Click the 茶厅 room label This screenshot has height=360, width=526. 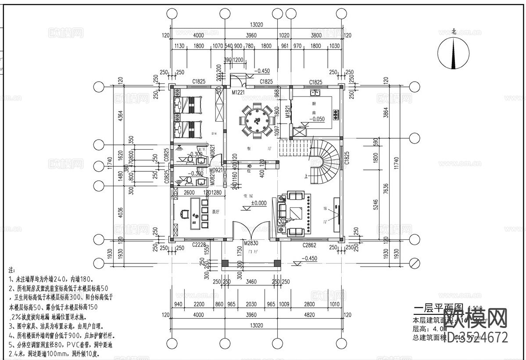point(215,211)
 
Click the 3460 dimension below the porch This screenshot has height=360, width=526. point(252,281)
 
